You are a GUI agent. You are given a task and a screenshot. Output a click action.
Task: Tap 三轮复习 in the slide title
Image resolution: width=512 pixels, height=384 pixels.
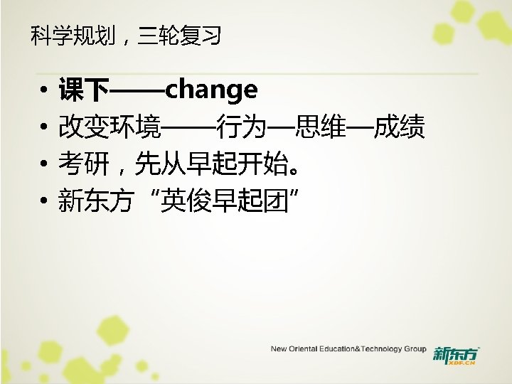[x=179, y=35]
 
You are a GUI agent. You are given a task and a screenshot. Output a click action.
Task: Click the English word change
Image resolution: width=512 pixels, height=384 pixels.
[x=211, y=90]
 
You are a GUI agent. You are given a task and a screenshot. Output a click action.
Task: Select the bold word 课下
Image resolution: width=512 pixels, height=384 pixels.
[x=84, y=91]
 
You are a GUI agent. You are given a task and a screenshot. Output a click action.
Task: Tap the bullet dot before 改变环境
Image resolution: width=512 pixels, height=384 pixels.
[x=43, y=129]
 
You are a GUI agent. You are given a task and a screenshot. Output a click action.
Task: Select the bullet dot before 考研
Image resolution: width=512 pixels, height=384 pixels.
[x=43, y=166]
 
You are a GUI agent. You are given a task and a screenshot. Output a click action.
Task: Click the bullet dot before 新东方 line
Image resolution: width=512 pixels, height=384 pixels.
[x=43, y=203]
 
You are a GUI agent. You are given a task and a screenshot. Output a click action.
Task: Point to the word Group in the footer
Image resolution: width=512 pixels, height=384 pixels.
[x=415, y=349]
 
